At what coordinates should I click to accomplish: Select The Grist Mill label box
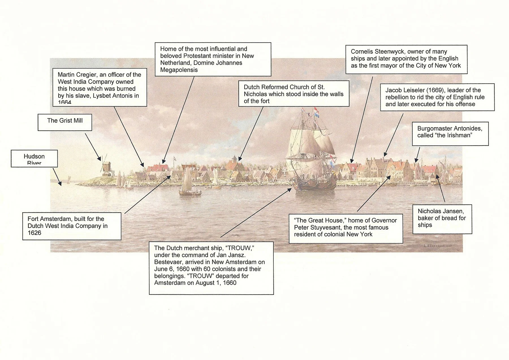pyautogui.click(x=65, y=122)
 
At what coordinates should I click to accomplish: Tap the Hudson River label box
pyautogui.click(x=34, y=158)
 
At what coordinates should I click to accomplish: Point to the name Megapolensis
pyautogui.click(x=179, y=70)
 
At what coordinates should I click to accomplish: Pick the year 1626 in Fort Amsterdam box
pyautogui.click(x=34, y=233)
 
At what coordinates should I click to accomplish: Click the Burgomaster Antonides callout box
pyautogui.click(x=450, y=133)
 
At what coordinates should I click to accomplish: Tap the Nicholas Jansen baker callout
pyautogui.click(x=442, y=219)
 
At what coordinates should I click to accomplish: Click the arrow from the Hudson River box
pyautogui.click(x=57, y=176)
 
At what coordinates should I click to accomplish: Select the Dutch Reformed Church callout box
pyautogui.click(x=294, y=94)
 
